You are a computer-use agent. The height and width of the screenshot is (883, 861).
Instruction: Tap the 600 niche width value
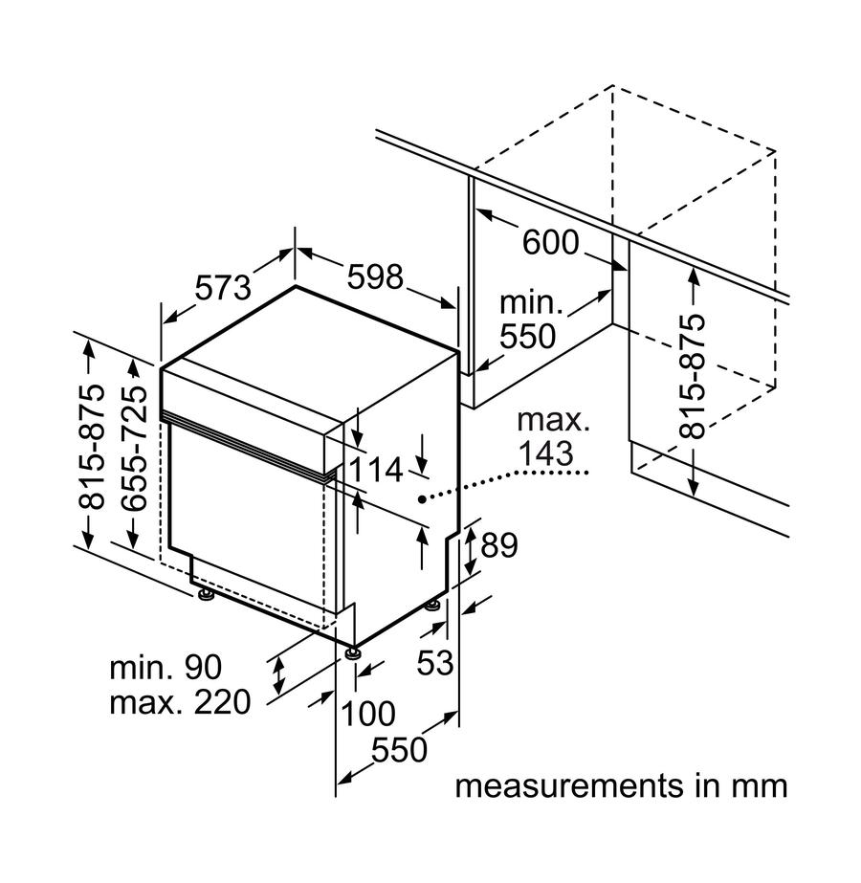click(550, 243)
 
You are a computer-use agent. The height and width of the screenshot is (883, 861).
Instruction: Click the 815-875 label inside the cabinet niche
click(691, 376)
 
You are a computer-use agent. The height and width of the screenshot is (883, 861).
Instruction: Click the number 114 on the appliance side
click(375, 470)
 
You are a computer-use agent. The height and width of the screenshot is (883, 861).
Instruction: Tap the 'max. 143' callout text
click(552, 436)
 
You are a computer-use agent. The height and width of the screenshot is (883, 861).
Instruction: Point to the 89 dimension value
click(498, 545)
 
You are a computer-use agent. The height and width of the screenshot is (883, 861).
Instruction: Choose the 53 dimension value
click(434, 662)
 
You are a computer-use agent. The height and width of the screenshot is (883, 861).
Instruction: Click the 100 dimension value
click(368, 713)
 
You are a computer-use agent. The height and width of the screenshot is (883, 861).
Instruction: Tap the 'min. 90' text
click(166, 666)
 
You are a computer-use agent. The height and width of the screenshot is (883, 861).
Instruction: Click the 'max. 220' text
click(180, 704)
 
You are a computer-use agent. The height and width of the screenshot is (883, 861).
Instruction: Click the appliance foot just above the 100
click(354, 653)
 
